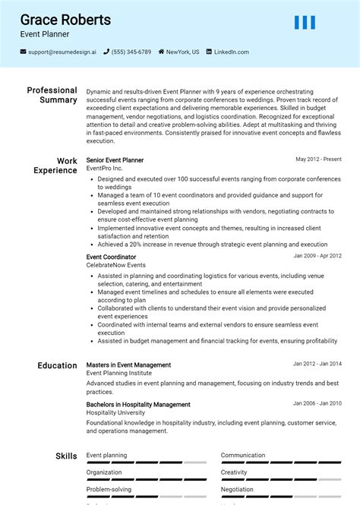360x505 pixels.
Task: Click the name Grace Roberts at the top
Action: (65, 20)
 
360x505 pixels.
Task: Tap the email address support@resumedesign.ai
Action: (62, 52)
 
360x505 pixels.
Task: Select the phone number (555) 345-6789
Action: (131, 52)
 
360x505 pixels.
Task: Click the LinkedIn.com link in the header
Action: (231, 52)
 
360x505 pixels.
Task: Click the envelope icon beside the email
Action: (24, 52)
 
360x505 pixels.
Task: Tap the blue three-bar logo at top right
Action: (305, 23)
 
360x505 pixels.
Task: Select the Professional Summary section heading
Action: (52, 95)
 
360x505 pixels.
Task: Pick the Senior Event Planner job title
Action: (115, 160)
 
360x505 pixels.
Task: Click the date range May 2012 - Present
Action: (318, 159)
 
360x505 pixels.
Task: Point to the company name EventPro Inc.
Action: (104, 169)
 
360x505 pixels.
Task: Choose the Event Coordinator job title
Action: (111, 257)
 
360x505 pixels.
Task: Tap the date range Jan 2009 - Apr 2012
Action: (317, 256)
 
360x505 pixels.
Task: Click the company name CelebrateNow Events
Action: (115, 265)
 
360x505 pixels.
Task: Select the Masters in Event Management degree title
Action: (128, 365)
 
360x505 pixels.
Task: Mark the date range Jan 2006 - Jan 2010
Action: (317, 403)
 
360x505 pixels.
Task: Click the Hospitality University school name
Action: (116, 412)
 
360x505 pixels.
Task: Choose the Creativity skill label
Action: (235, 472)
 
